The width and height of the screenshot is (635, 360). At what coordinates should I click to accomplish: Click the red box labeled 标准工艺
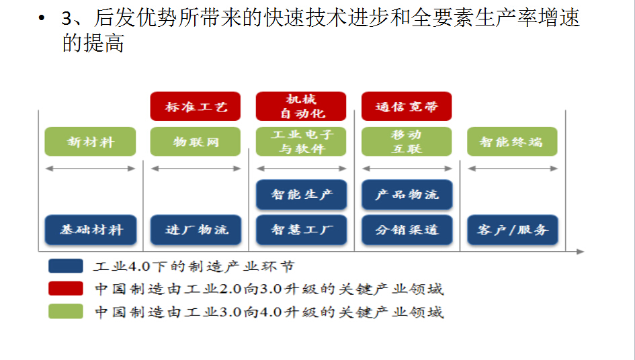195,107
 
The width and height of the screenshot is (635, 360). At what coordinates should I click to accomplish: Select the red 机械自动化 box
301,107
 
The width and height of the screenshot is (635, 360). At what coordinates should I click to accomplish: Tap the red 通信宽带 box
407,107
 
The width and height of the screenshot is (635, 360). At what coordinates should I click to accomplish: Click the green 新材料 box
90,142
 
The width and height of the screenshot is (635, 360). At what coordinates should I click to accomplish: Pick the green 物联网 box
195,142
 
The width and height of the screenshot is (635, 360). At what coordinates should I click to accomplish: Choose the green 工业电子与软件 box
301,142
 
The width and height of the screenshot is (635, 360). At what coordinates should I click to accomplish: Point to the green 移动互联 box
407,142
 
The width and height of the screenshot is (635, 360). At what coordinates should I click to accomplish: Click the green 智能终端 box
512,142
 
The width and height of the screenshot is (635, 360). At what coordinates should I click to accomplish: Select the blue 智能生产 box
301,195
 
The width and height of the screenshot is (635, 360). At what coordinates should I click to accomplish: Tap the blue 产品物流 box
407,195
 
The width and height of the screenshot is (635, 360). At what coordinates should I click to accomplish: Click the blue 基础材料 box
91,230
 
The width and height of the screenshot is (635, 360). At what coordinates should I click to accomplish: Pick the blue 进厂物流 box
196,230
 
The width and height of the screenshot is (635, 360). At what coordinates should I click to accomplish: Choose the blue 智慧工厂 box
301,230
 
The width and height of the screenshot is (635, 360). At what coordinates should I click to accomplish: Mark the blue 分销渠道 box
407,230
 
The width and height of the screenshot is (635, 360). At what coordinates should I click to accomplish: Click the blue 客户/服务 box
513,230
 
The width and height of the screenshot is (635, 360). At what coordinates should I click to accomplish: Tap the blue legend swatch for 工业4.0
66,266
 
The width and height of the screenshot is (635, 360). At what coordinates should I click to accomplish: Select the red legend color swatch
66,289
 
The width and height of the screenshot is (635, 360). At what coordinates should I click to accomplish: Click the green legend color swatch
66,312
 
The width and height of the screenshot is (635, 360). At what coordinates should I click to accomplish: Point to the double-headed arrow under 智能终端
513,169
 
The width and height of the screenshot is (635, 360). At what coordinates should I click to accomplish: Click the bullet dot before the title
41,18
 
